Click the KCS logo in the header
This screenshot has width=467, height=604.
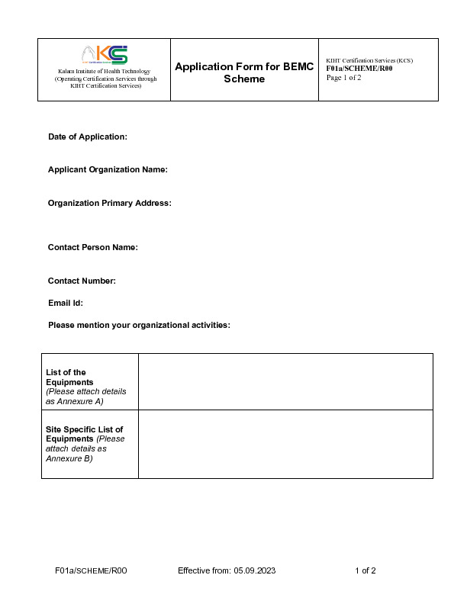tap(105, 55)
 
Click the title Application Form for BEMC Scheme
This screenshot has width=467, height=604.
tap(244, 72)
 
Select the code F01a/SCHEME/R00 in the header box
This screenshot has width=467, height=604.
tap(359, 69)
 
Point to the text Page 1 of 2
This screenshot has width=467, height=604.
tap(343, 77)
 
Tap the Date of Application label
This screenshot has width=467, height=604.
tap(87, 137)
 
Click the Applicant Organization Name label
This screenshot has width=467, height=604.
tap(108, 169)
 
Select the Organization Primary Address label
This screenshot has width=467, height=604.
tap(109, 203)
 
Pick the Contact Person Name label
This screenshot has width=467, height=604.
tap(92, 247)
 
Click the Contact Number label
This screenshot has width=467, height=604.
tap(82, 281)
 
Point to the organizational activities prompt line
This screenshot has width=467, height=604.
tap(139, 325)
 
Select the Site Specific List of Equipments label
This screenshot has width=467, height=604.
tap(84, 434)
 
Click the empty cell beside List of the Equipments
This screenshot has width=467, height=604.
tap(285, 381)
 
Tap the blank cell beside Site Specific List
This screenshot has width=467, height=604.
tap(285, 444)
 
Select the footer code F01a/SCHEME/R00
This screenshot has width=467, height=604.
tap(91, 570)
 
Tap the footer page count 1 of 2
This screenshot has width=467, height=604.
tap(366, 570)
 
